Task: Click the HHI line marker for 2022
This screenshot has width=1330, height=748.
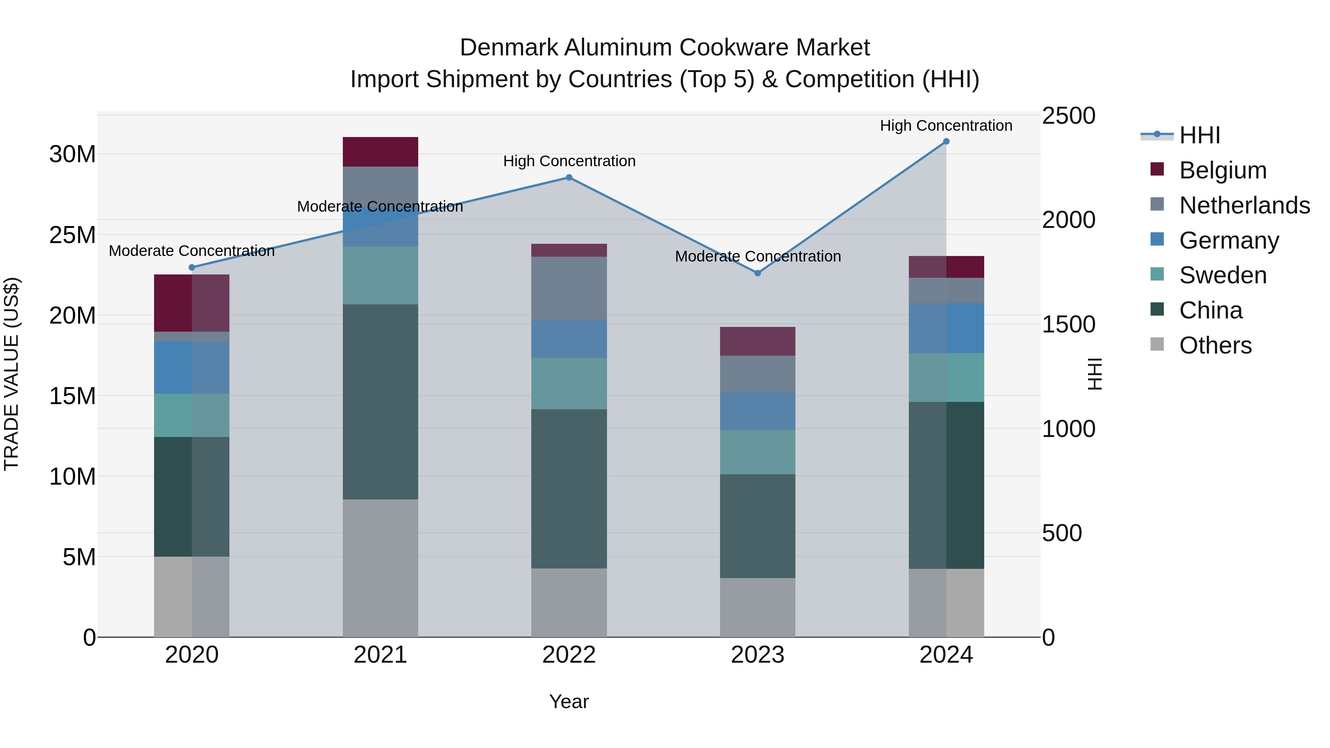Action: (x=569, y=178)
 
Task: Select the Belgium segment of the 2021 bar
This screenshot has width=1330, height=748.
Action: (x=380, y=152)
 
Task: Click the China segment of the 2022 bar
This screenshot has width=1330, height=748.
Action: (x=569, y=489)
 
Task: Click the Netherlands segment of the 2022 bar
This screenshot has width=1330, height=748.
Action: (x=569, y=288)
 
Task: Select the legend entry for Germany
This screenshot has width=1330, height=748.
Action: (x=1229, y=240)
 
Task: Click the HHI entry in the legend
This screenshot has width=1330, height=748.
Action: (x=1199, y=135)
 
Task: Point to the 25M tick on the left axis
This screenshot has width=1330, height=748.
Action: (x=72, y=235)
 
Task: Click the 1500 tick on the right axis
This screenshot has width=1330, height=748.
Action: (x=1068, y=324)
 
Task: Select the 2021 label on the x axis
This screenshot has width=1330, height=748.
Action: (x=380, y=655)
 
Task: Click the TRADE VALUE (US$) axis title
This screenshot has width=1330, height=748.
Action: (x=11, y=374)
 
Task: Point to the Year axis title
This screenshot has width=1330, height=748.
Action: (x=569, y=701)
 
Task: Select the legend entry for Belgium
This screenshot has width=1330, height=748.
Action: (x=1222, y=170)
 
